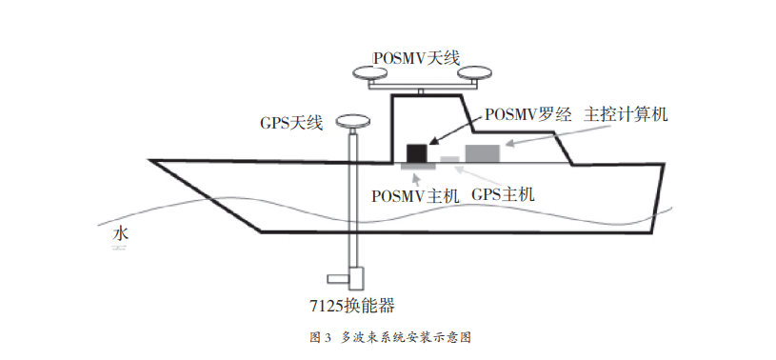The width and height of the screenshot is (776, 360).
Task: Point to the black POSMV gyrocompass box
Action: [416, 152]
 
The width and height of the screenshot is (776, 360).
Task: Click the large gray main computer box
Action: [482, 152]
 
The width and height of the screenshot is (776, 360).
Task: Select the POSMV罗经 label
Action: [527, 114]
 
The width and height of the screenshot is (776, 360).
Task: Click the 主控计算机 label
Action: [627, 114]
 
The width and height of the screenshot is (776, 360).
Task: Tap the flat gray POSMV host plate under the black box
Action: [414, 167]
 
